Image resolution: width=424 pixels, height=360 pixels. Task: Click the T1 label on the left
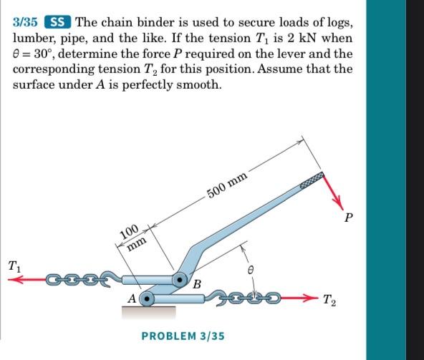[14, 266]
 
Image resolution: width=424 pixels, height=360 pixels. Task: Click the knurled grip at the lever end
[312, 177]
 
